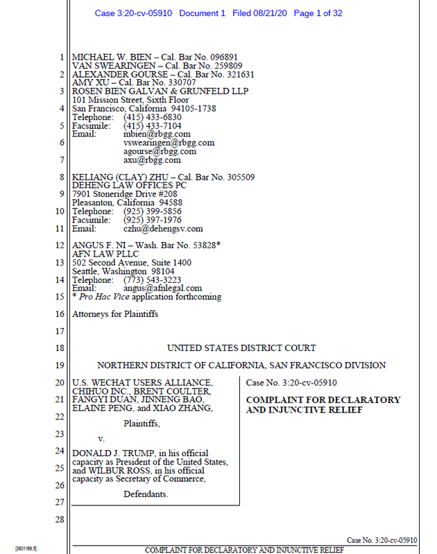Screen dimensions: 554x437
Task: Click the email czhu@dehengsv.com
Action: (163, 229)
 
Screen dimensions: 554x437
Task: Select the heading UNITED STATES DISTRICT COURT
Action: (241, 348)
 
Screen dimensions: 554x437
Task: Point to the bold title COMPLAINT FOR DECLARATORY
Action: (323, 400)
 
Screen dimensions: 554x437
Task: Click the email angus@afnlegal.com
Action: (163, 288)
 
